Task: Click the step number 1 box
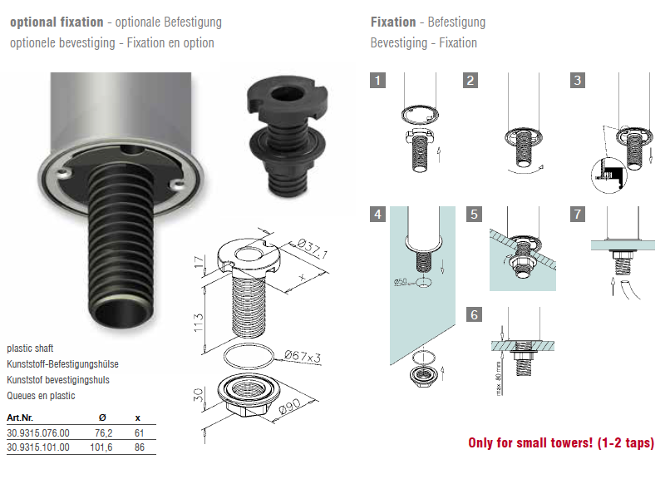[378, 80]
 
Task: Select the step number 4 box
[378, 215]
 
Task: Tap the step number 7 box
[578, 215]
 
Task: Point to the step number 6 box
[474, 315]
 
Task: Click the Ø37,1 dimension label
[312, 248]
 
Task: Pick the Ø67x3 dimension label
[303, 357]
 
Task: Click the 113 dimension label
[199, 323]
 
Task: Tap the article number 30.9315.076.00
[38, 433]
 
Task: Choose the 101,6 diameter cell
[101, 447]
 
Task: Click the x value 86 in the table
[140, 447]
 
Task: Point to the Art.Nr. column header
[20, 417]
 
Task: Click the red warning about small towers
[561, 443]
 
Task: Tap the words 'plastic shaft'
[30, 348]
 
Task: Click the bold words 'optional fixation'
[57, 22]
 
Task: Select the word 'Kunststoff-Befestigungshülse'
[63, 364]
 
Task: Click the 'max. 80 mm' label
[499, 378]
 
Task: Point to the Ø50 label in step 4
[400, 281]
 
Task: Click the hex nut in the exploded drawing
[249, 396]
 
